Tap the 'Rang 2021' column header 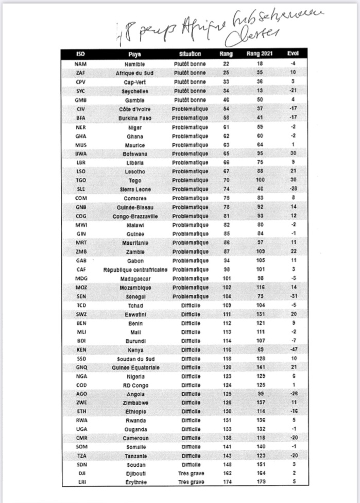click(260, 54)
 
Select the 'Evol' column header click(293, 54)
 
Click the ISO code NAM click(80, 64)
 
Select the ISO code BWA click(80, 154)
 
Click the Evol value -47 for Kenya click(293, 350)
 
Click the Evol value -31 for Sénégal click(293, 296)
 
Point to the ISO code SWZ click(80, 314)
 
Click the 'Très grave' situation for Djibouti click(190, 473)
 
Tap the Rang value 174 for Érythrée click(226, 482)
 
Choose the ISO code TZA click(80, 455)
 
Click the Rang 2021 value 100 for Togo click(260, 180)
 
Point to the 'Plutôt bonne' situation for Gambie click(190, 100)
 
